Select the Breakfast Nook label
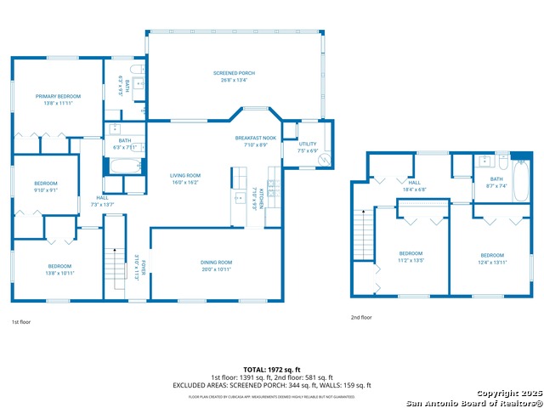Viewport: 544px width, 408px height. pos(256,138)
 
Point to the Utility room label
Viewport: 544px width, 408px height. pos(307,144)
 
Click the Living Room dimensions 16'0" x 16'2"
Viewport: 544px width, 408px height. pos(184,182)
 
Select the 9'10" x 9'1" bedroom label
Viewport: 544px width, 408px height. pos(46,184)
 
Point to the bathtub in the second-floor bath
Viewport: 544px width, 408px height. pos(520,182)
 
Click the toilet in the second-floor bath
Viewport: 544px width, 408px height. pos(502,159)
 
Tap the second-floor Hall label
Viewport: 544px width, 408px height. pos(415,182)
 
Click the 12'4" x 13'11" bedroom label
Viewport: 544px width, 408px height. pos(492,256)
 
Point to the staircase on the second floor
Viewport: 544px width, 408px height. pos(363,235)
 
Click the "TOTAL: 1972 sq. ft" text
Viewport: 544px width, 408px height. pos(271,369)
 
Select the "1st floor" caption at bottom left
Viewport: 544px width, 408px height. pos(21,322)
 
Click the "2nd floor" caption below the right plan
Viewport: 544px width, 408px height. pos(361,317)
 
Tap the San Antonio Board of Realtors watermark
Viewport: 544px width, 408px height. pos(472,401)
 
